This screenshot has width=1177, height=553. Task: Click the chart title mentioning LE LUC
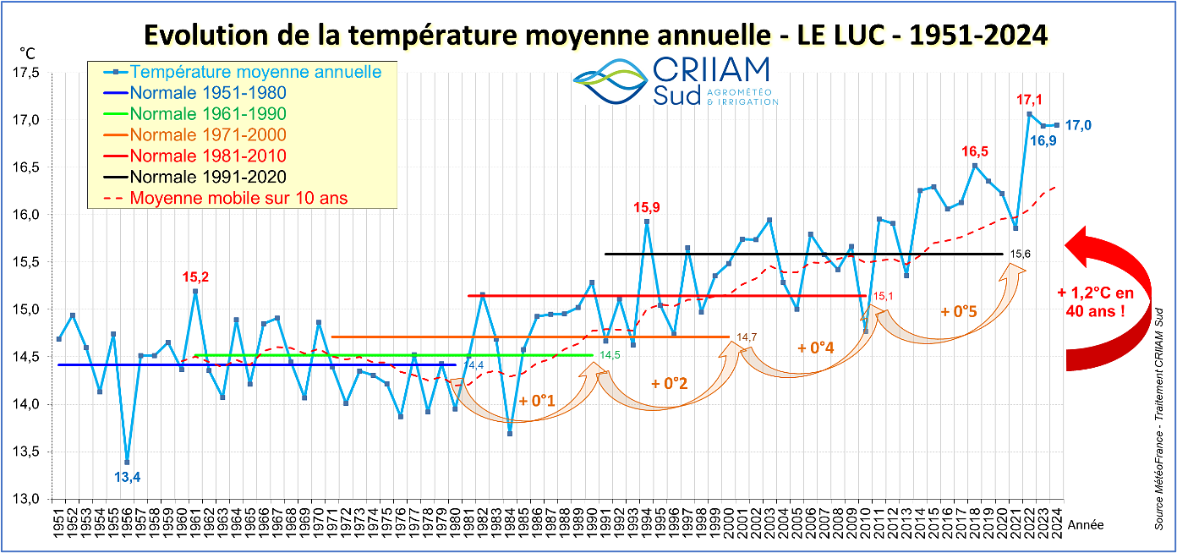click(x=595, y=36)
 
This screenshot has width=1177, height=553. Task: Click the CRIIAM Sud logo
click(x=675, y=81)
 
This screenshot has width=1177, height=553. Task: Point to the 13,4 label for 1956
click(x=127, y=478)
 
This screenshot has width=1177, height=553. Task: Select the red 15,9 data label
click(x=648, y=207)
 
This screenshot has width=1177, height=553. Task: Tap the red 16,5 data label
click(x=975, y=151)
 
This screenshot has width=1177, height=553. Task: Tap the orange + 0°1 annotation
click(x=535, y=401)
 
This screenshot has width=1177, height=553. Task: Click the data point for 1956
click(x=127, y=462)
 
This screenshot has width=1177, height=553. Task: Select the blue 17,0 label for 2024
click(x=1077, y=126)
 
